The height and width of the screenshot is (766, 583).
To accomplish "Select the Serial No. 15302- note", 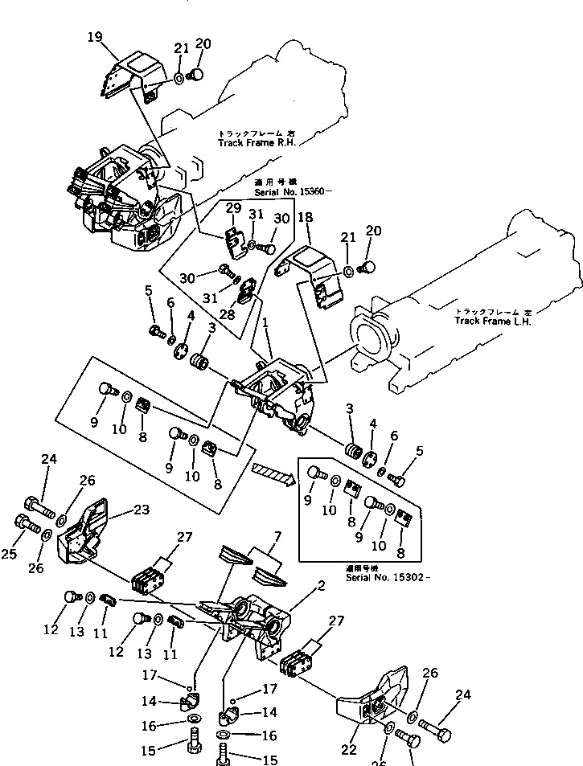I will [x=387, y=577].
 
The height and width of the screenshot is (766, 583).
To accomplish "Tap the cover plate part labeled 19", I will [x=129, y=76].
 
